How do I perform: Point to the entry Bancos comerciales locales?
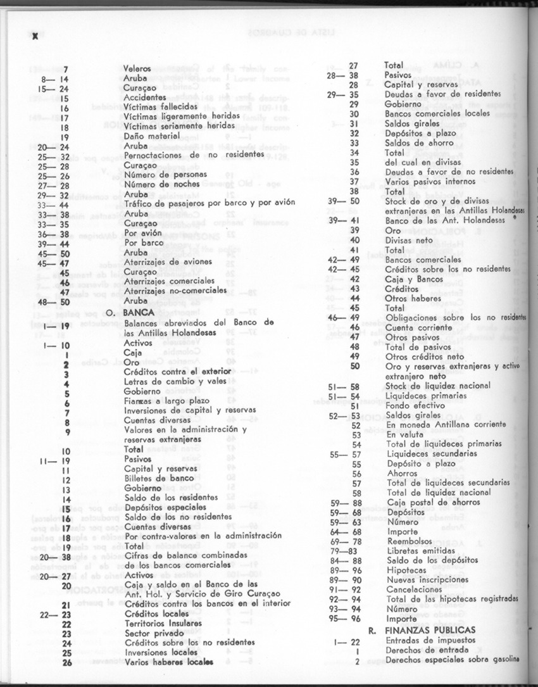pyautogui.click(x=437, y=114)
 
